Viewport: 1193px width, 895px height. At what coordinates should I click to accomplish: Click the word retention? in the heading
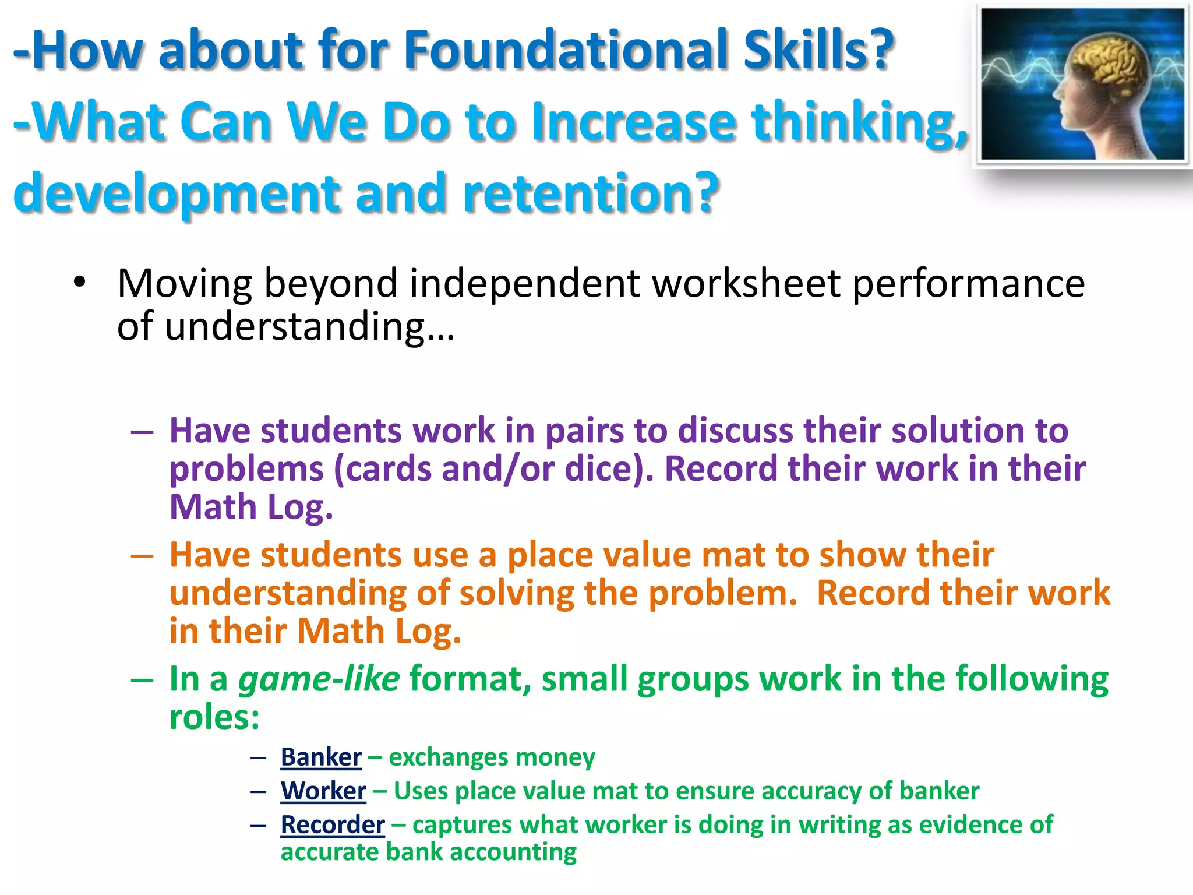[591, 193]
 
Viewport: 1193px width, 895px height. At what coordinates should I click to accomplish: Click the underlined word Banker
[321, 757]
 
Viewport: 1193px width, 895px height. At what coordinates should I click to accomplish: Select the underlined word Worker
[323, 791]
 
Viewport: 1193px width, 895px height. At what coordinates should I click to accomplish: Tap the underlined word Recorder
[333, 824]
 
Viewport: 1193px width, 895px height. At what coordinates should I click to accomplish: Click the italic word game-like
[319, 679]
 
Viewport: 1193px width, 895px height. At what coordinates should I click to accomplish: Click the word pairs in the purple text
[584, 431]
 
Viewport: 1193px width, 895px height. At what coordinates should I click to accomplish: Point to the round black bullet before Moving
[79, 283]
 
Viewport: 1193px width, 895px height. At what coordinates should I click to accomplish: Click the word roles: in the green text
[214, 717]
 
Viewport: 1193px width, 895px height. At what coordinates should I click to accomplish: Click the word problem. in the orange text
[722, 593]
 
